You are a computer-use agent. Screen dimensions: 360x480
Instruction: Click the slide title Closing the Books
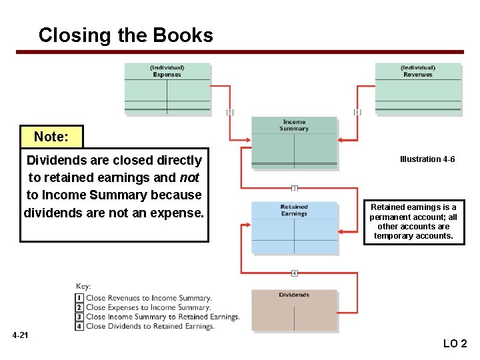pyautogui.click(x=125, y=35)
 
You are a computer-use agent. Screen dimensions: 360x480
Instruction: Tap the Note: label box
pyautogui.click(x=51, y=137)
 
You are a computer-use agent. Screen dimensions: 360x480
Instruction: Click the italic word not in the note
pyautogui.click(x=189, y=177)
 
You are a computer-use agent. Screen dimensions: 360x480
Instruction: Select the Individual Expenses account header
pyautogui.click(x=167, y=71)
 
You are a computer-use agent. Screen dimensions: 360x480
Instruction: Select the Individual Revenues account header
pyautogui.click(x=418, y=71)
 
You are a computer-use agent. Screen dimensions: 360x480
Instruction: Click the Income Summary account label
pyautogui.click(x=294, y=125)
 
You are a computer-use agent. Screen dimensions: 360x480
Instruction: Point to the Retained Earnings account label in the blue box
pyautogui.click(x=294, y=211)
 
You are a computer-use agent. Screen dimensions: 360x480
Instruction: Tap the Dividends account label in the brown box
pyautogui.click(x=294, y=295)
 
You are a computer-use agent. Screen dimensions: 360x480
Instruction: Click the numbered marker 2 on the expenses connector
pyautogui.click(x=230, y=112)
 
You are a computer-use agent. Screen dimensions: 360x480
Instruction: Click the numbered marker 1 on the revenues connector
pyautogui.click(x=357, y=112)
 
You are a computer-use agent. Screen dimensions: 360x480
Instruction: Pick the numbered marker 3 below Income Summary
pyautogui.click(x=294, y=188)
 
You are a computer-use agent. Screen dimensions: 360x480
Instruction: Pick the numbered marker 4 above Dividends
pyautogui.click(x=294, y=273)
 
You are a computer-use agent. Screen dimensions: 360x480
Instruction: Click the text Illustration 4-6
pyautogui.click(x=427, y=159)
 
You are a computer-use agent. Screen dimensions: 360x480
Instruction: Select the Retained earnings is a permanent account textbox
pyautogui.click(x=413, y=221)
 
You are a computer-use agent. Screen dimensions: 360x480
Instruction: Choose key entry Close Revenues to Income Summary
pyautogui.click(x=149, y=298)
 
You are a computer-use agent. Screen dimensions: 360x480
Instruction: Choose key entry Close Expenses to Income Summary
pyautogui.click(x=148, y=307)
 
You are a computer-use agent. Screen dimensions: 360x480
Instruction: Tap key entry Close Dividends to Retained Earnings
pyautogui.click(x=150, y=326)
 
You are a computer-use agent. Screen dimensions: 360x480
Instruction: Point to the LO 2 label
pyautogui.click(x=455, y=344)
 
